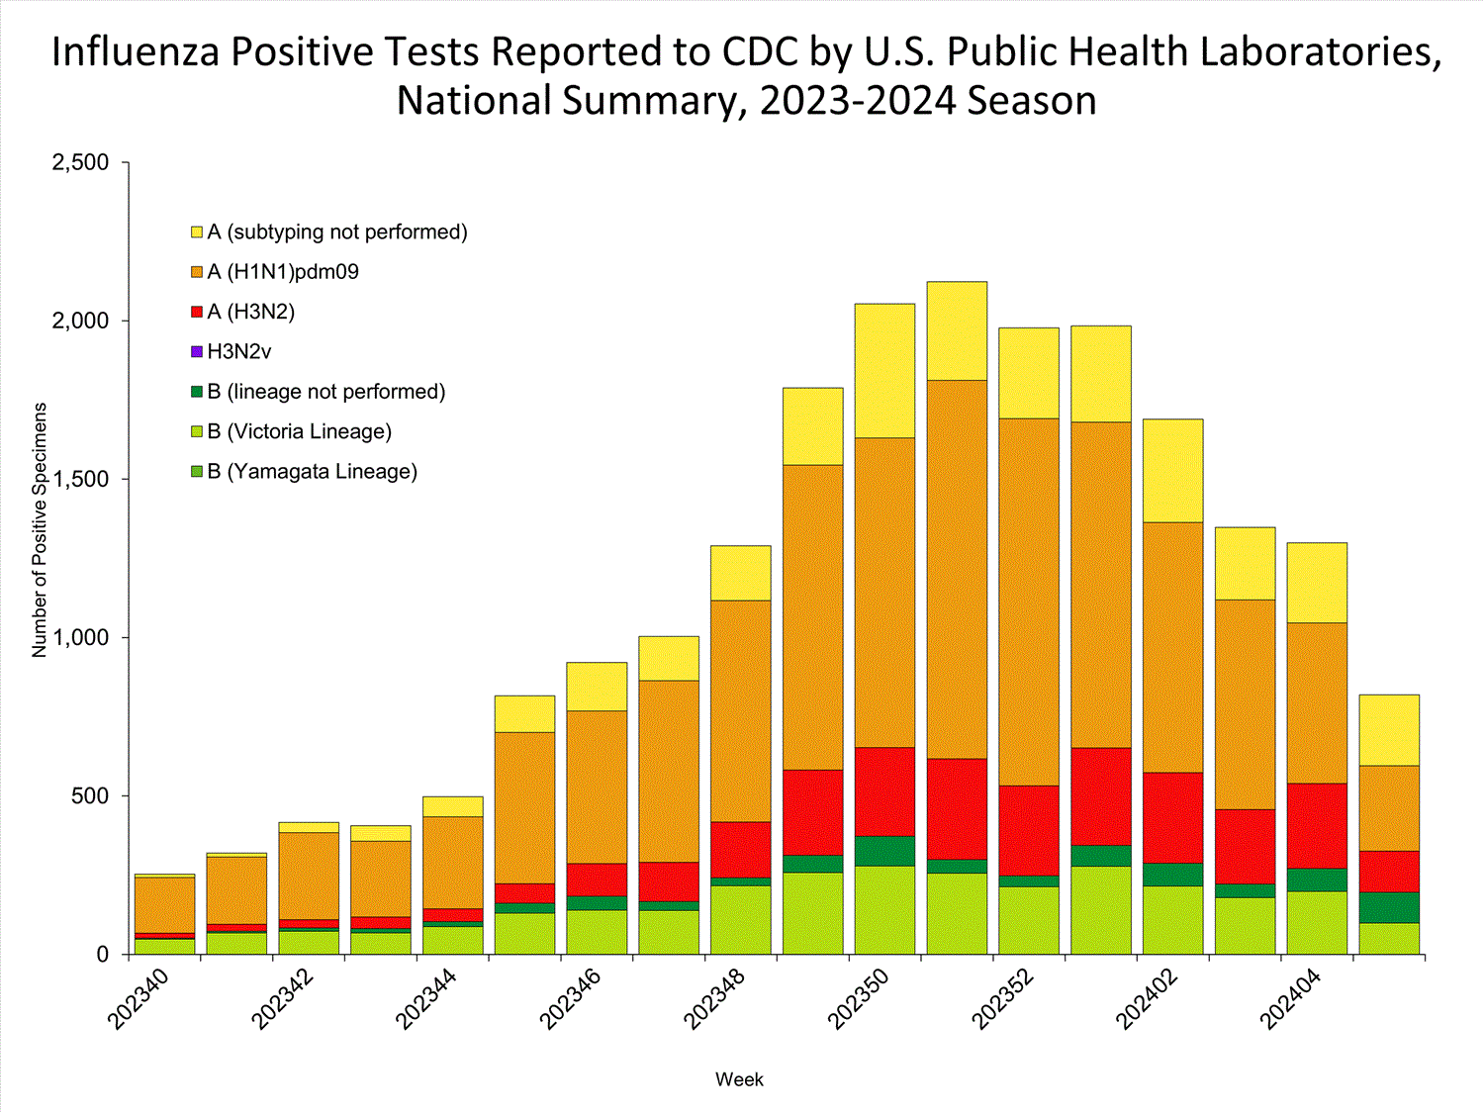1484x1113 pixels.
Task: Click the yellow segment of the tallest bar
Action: tap(957, 330)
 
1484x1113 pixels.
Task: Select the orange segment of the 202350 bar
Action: tap(884, 592)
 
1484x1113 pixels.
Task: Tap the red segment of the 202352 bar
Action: tap(1029, 830)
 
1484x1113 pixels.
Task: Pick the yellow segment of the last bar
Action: tap(1389, 730)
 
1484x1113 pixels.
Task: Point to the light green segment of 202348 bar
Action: tap(740, 919)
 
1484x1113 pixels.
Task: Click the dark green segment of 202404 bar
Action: tap(1317, 880)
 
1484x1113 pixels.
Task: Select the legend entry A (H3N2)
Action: tap(250, 312)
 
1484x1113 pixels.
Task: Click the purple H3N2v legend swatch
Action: tap(197, 351)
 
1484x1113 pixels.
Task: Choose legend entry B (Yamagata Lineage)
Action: tap(312, 472)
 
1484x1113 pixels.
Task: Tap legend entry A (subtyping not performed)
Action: tap(336, 232)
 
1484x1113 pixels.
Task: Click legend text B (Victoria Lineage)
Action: tap(299, 431)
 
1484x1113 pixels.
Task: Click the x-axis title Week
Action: tap(739, 1079)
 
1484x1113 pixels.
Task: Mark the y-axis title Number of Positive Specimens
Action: tap(40, 529)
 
